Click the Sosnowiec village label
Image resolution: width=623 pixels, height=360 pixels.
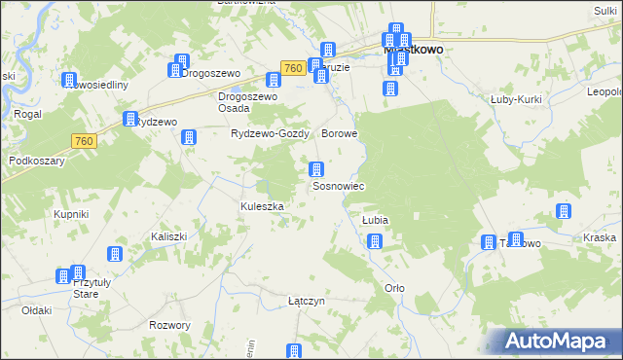tap(337, 186)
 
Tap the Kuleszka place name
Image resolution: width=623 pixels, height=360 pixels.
tap(262, 206)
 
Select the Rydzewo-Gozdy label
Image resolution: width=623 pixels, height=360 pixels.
tap(270, 133)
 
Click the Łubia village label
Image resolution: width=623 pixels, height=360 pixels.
tap(376, 221)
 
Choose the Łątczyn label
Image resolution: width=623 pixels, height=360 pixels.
tap(306, 302)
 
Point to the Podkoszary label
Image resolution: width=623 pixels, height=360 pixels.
tap(36, 161)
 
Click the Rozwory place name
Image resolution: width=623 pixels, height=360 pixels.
tap(170, 325)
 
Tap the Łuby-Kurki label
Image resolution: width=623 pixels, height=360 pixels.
tap(516, 98)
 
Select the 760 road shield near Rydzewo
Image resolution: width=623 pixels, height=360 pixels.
tap(85, 142)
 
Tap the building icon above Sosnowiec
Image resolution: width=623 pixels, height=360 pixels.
tap(316, 169)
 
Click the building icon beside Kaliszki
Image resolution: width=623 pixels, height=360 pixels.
tap(115, 254)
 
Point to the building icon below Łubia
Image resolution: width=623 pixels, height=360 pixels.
tap(375, 240)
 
